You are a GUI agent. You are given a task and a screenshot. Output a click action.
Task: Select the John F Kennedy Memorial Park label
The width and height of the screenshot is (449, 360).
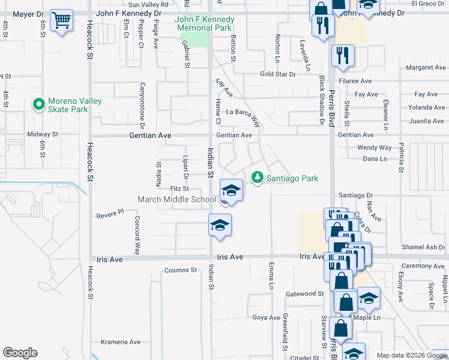[204, 24]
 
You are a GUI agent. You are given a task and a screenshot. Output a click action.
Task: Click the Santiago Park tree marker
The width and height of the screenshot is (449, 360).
[258, 178]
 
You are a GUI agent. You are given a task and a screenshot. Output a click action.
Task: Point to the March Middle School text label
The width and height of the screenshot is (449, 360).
[176, 200]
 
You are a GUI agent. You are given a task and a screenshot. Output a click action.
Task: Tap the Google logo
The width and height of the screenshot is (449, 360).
[20, 353]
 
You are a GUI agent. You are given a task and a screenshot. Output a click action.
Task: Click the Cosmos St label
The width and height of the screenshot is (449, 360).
[181, 270]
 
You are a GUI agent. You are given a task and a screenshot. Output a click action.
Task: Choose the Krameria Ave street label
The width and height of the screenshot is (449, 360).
[121, 342]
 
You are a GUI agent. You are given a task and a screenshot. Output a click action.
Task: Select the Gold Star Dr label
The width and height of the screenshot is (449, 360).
[278, 74]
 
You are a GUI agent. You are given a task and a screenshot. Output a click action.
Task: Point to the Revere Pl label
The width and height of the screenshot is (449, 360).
[110, 212]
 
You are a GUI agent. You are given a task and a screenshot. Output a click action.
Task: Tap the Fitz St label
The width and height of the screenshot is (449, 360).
[180, 188]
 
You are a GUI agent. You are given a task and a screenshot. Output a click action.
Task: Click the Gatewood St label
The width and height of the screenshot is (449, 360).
[304, 293]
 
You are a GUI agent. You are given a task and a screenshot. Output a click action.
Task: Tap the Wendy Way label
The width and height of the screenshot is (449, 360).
[374, 148]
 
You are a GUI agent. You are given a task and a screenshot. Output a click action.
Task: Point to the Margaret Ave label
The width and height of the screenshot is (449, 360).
[426, 68]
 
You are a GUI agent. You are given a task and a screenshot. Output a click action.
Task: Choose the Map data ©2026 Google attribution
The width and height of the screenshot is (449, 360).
[411, 355]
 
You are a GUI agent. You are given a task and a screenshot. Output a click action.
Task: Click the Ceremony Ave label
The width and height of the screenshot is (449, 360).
[424, 266]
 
